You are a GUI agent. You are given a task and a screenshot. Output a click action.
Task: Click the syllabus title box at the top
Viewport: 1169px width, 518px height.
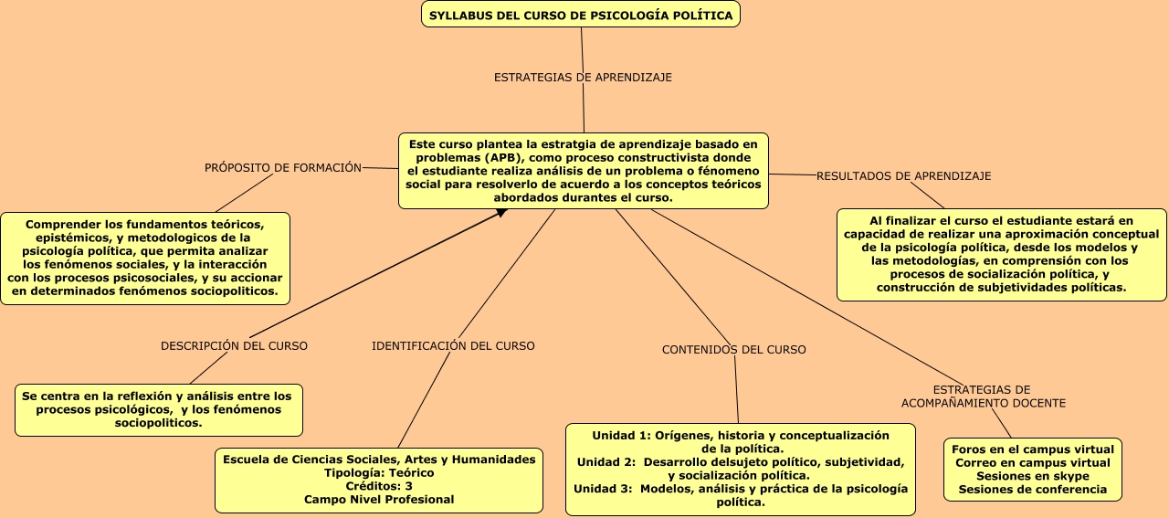pos(581,16)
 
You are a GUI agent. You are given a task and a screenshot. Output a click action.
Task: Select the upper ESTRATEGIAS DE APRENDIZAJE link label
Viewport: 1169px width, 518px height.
pos(583,78)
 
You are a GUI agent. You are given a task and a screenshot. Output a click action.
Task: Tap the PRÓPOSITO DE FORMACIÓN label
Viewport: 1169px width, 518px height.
pos(283,168)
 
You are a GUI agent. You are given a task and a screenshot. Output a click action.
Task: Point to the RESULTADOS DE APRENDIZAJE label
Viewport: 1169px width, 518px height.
pos(903,175)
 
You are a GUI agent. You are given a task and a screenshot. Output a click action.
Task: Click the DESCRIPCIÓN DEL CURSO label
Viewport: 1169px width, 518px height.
pos(234,346)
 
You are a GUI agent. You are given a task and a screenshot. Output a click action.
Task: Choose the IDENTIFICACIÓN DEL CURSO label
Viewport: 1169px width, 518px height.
pos(453,346)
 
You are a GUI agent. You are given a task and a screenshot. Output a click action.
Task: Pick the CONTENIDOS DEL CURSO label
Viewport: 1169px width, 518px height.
pos(734,350)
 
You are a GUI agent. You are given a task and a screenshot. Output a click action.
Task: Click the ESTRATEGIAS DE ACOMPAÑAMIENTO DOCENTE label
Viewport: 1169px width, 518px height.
pos(983,396)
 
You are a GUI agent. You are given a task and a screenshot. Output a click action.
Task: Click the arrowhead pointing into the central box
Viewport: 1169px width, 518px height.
pos(501,213)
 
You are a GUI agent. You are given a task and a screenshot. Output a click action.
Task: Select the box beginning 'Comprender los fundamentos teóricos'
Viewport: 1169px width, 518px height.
pos(145,258)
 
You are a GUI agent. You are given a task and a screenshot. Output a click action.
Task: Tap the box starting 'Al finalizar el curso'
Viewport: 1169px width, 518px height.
pos(1001,254)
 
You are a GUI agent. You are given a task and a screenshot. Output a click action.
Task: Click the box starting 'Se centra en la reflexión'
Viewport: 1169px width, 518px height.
pos(159,409)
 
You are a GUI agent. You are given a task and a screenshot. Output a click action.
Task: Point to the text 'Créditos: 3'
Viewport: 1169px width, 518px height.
pos(379,486)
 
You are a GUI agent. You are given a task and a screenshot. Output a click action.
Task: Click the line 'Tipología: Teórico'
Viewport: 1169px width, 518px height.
pos(379,473)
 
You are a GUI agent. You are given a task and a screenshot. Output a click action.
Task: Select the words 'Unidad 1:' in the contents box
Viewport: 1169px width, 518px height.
pos(620,435)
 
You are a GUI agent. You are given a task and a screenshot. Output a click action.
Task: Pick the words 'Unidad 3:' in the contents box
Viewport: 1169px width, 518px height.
pos(604,489)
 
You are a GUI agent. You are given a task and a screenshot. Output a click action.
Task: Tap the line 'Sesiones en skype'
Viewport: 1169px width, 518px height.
pos(1033,476)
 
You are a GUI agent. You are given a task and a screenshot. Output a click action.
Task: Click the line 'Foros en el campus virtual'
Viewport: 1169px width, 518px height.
pos(1033,449)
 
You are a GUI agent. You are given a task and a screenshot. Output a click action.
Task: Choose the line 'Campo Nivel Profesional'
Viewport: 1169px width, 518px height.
pos(379,500)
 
